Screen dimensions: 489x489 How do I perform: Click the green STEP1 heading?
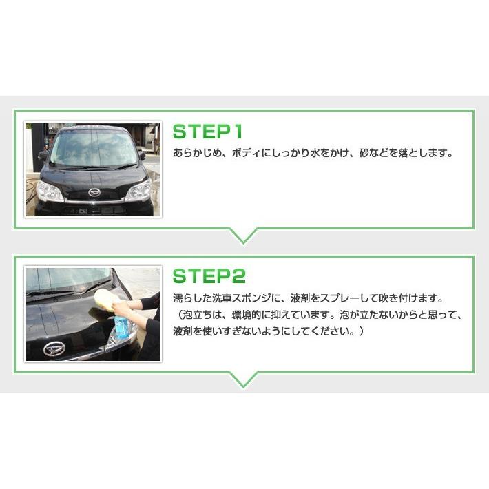click(207, 132)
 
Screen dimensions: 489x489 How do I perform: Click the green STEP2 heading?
click(209, 276)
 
